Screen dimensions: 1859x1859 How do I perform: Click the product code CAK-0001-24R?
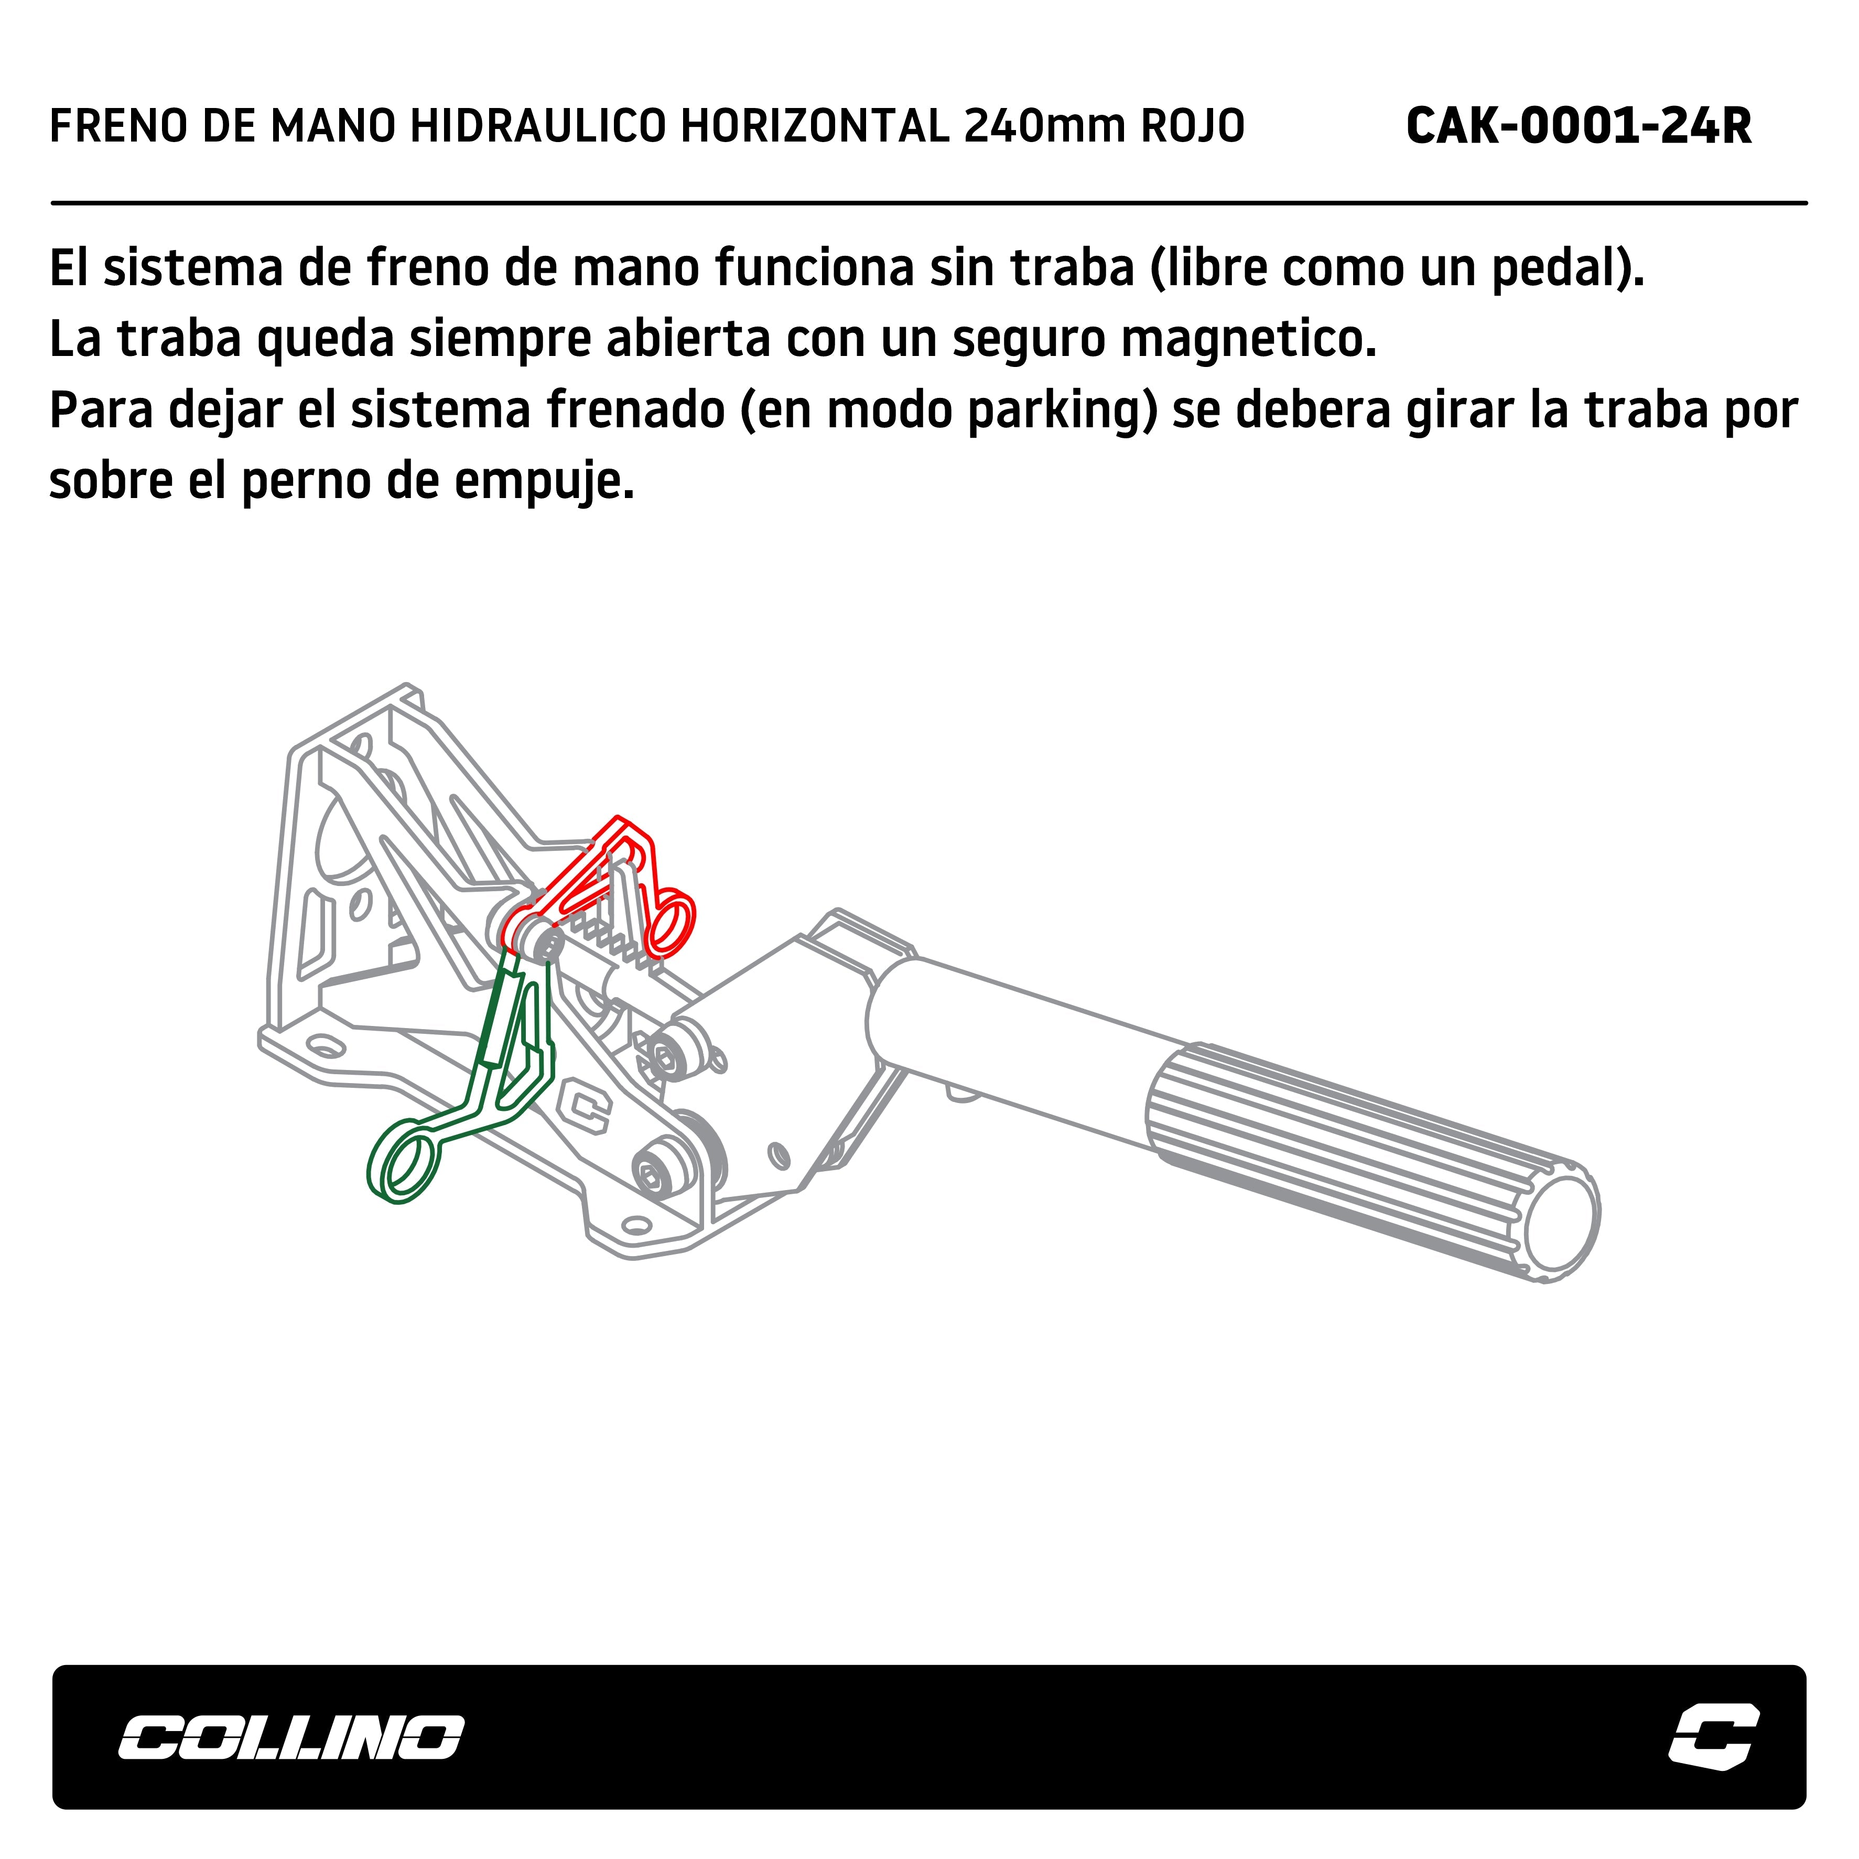pos(1578,126)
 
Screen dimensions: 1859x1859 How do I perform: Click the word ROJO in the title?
pos(1193,126)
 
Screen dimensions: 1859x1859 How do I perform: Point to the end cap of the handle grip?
pos(1561,1225)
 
